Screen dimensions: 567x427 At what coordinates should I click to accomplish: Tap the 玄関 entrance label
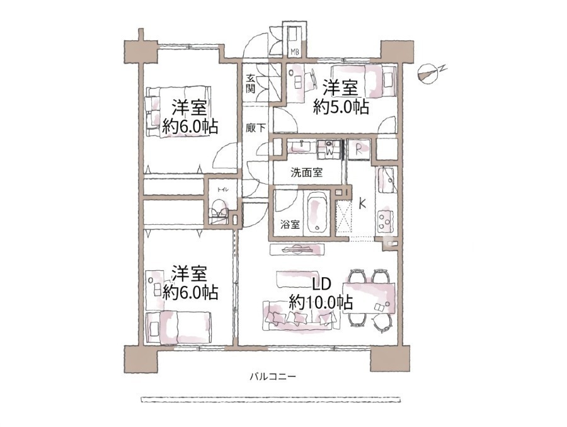point(250,84)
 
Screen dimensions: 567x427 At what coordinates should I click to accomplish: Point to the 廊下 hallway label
point(256,128)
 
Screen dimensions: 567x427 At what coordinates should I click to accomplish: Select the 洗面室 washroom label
point(307,173)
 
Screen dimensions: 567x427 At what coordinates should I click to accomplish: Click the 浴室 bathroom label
point(290,225)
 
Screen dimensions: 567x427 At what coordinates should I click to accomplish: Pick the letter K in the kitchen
point(362,204)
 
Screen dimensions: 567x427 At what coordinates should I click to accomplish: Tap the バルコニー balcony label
point(273,377)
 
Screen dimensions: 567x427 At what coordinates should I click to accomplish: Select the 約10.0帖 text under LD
point(321,302)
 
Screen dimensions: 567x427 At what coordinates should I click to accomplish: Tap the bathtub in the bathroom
point(318,212)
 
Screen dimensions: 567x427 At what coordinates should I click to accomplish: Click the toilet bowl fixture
point(219,213)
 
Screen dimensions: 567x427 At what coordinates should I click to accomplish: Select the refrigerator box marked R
point(358,149)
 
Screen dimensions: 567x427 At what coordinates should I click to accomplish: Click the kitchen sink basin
point(387,179)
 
